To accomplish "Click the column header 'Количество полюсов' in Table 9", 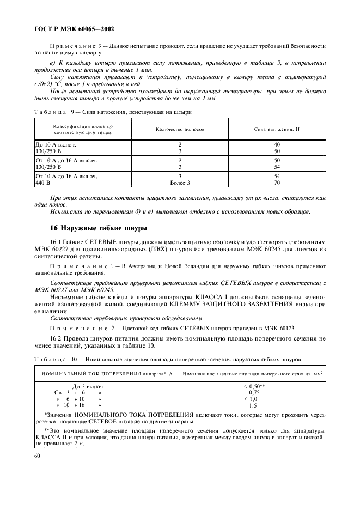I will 180,130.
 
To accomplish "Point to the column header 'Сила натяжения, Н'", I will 277,130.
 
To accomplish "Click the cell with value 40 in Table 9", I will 277,144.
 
